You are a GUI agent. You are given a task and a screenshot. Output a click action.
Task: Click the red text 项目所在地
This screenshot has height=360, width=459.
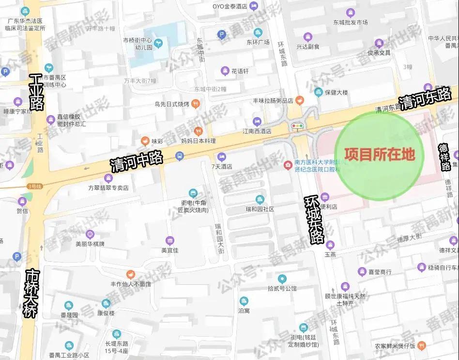pyautogui.click(x=379, y=154)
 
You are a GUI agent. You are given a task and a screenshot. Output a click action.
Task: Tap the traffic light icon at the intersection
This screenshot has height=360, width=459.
pyautogui.click(x=297, y=126)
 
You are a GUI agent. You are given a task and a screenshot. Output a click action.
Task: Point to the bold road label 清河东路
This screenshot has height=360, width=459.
pyautogui.click(x=425, y=98)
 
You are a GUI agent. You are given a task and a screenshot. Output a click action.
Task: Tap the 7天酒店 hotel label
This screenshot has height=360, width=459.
pyautogui.click(x=222, y=166)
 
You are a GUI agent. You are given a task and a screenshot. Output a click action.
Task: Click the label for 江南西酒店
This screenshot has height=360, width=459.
pyautogui.click(x=257, y=131)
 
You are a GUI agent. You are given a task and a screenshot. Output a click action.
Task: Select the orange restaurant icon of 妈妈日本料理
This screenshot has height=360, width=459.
pyautogui.click(x=198, y=131)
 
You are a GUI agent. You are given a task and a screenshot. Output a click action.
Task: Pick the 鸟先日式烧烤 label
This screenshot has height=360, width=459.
pyautogui.click(x=171, y=103)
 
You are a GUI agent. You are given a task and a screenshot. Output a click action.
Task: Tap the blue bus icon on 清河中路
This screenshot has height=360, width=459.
pyautogui.click(x=180, y=156)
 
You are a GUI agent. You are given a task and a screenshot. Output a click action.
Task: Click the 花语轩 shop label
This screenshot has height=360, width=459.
pyautogui.click(x=240, y=71)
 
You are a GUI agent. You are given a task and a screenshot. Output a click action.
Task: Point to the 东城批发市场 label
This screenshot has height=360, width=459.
pyautogui.click(x=350, y=22)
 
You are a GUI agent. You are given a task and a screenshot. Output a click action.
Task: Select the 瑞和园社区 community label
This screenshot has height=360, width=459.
pyautogui.click(x=260, y=209)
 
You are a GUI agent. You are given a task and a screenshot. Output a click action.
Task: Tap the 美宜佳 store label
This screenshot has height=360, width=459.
pyautogui.click(x=169, y=250)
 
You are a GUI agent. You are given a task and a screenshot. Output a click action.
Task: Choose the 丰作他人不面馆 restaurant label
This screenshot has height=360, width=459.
pyautogui.click(x=131, y=284)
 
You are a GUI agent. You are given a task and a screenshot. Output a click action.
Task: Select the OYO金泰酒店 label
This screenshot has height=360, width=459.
pyautogui.click(x=230, y=6)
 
